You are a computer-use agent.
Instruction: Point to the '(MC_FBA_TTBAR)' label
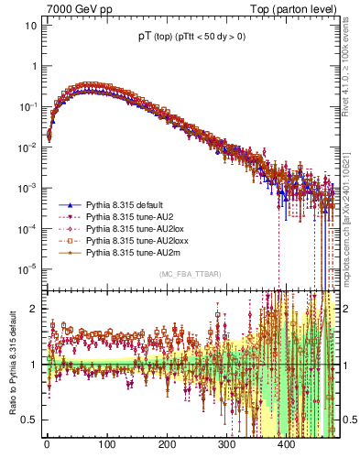point(190,274)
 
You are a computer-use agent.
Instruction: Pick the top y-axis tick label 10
point(31,26)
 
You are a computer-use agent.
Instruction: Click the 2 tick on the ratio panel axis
point(34,308)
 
